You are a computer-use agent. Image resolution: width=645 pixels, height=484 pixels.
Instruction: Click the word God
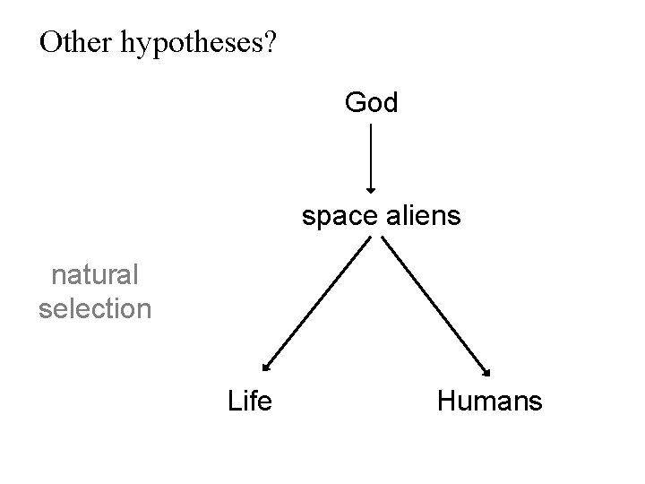tap(371, 103)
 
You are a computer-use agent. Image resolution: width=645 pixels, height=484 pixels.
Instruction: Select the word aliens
tap(421, 216)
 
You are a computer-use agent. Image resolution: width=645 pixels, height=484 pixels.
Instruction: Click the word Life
tap(250, 401)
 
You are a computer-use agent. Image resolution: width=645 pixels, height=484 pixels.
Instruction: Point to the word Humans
tap(489, 401)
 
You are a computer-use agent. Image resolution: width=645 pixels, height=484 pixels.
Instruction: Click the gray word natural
tap(95, 275)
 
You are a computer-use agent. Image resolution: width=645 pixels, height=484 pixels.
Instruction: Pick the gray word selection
tap(95, 309)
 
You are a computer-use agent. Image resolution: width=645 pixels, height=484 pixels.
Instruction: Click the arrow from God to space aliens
tap(371, 157)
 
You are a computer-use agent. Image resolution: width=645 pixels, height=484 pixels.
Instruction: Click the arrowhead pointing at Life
tap(264, 366)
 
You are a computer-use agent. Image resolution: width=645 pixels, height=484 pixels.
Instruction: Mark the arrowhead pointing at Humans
tap(488, 371)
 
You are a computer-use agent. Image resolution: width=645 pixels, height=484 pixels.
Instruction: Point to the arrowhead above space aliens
tap(371, 188)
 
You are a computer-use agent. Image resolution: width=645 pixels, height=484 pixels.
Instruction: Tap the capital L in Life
tap(234, 401)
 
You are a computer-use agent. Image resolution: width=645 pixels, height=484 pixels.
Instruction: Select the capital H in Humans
tap(446, 401)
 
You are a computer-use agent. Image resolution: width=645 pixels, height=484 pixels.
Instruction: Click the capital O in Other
tap(51, 42)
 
